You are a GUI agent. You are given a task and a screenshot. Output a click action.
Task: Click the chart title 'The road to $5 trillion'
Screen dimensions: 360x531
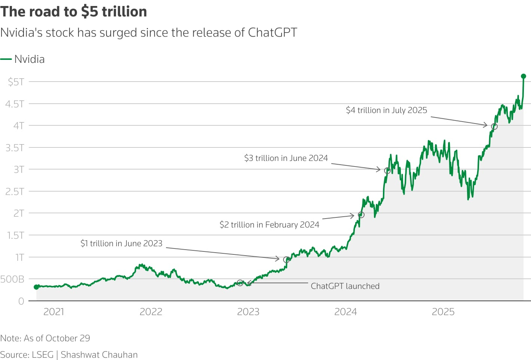74,12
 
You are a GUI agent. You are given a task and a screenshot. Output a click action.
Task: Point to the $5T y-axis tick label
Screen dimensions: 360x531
16,82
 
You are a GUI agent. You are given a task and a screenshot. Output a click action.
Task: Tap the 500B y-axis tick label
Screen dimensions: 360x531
12,279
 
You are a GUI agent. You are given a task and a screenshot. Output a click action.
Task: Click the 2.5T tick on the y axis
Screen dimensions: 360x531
15,192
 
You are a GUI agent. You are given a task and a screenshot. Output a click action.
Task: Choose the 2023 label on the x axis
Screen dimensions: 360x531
248,312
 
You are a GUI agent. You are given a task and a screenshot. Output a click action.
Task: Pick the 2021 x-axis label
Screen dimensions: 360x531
53,312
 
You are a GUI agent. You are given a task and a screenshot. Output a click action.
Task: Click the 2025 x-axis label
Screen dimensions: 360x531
443,312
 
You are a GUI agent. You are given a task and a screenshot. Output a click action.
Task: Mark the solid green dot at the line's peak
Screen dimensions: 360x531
524,76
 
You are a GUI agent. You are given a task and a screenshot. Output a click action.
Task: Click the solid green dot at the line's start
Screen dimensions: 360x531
36,287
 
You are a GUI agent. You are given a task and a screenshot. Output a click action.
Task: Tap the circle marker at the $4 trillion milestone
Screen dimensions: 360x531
494,126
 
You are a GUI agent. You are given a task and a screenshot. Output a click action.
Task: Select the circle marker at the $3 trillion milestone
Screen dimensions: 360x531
387,171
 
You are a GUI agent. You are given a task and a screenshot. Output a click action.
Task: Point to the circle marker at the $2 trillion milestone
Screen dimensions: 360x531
361,215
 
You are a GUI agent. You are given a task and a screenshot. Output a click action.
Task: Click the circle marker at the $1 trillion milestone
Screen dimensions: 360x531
286,259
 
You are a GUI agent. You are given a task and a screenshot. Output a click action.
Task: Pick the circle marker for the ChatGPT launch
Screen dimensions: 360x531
240,283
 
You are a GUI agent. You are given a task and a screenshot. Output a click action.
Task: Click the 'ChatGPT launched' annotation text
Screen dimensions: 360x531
345,286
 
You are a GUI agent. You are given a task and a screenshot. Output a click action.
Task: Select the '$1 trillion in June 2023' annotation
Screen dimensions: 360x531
121,243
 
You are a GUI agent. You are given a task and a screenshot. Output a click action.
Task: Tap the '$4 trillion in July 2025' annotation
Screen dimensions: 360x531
386,110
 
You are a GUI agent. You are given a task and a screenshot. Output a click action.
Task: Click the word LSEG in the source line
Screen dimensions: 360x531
43,354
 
